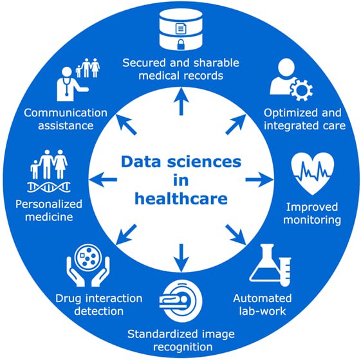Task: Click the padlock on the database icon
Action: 181,44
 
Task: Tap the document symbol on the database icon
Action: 181,28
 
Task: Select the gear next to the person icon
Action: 301,90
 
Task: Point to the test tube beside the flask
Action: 286,272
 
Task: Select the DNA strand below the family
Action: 49,187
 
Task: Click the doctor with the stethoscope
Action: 69,84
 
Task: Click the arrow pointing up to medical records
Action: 181,101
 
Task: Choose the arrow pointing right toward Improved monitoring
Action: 260,179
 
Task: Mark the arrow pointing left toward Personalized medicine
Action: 103,179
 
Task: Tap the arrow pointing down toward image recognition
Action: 181,258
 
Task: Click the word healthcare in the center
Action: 181,199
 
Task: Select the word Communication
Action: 66,113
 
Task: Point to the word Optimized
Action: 290,114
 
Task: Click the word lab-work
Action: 263,311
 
